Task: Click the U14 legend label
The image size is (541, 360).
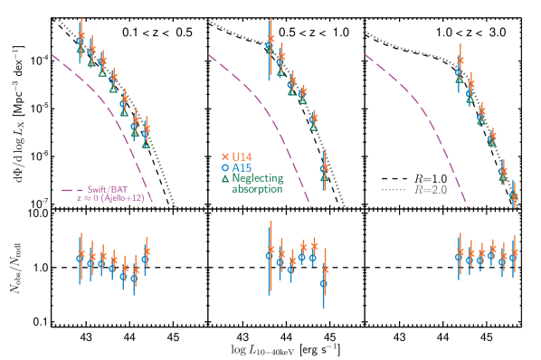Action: click(x=242, y=156)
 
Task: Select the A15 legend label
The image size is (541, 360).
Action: click(x=242, y=167)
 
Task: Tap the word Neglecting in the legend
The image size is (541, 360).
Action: click(x=257, y=178)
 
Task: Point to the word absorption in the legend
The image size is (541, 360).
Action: click(x=257, y=189)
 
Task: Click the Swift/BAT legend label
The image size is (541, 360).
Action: click(x=108, y=190)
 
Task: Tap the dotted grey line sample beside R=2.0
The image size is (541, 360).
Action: click(x=394, y=190)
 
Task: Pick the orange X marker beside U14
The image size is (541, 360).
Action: click(x=224, y=156)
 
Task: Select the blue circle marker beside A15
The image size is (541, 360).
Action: click(x=224, y=167)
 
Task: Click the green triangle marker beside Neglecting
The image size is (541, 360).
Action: click(x=224, y=178)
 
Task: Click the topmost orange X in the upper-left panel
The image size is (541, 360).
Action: click(x=81, y=36)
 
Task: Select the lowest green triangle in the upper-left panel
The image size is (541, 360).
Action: click(x=147, y=143)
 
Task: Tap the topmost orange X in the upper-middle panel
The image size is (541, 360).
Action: click(x=270, y=38)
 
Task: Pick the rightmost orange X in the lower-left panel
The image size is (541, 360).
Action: click(x=147, y=250)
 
